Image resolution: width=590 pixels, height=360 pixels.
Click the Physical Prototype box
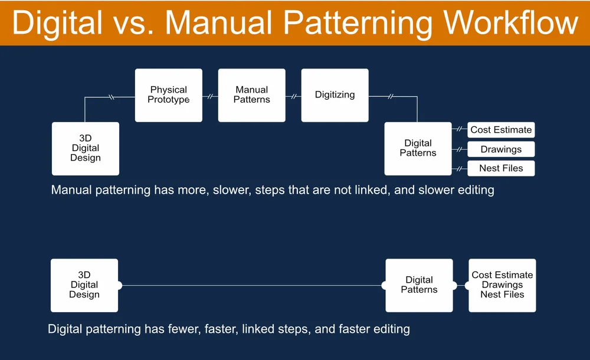point(169,95)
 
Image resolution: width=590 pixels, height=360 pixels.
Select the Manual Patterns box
point(252,95)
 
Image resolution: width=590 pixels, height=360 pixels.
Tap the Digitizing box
point(335,95)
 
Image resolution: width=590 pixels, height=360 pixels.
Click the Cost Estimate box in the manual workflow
point(501,130)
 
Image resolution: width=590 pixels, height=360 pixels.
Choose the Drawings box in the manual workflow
point(501,149)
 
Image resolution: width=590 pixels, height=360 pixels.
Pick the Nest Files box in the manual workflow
point(501,168)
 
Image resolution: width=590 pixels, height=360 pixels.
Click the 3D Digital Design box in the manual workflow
point(86,149)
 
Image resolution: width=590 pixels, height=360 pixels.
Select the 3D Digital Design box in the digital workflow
point(84,285)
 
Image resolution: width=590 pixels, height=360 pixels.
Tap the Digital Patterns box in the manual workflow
point(418,148)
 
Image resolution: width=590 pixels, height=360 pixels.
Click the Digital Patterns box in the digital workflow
point(419,285)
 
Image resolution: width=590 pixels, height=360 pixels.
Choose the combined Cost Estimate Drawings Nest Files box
point(502,285)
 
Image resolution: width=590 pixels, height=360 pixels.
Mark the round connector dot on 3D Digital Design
point(119,286)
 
